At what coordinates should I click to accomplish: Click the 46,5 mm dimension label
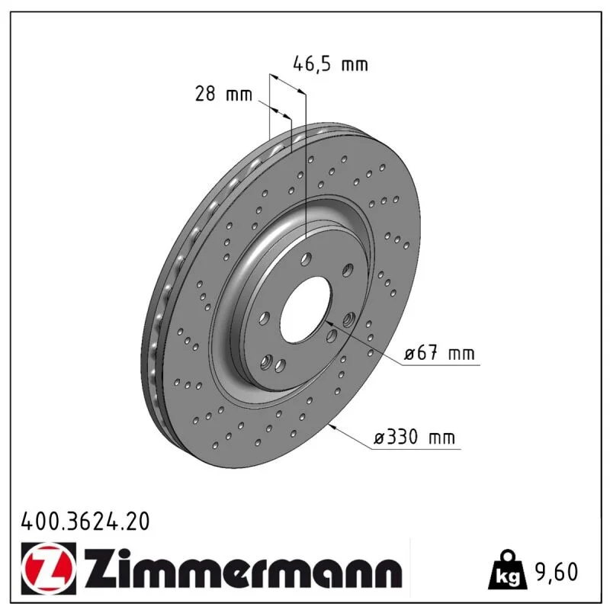tap(330, 63)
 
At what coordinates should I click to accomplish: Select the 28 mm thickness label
tap(223, 94)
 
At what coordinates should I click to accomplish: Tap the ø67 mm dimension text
tap(439, 353)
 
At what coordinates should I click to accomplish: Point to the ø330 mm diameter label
tap(414, 437)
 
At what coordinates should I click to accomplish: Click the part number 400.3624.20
tap(85, 521)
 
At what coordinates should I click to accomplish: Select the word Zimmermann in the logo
tap(243, 569)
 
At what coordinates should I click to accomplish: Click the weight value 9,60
tap(557, 572)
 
